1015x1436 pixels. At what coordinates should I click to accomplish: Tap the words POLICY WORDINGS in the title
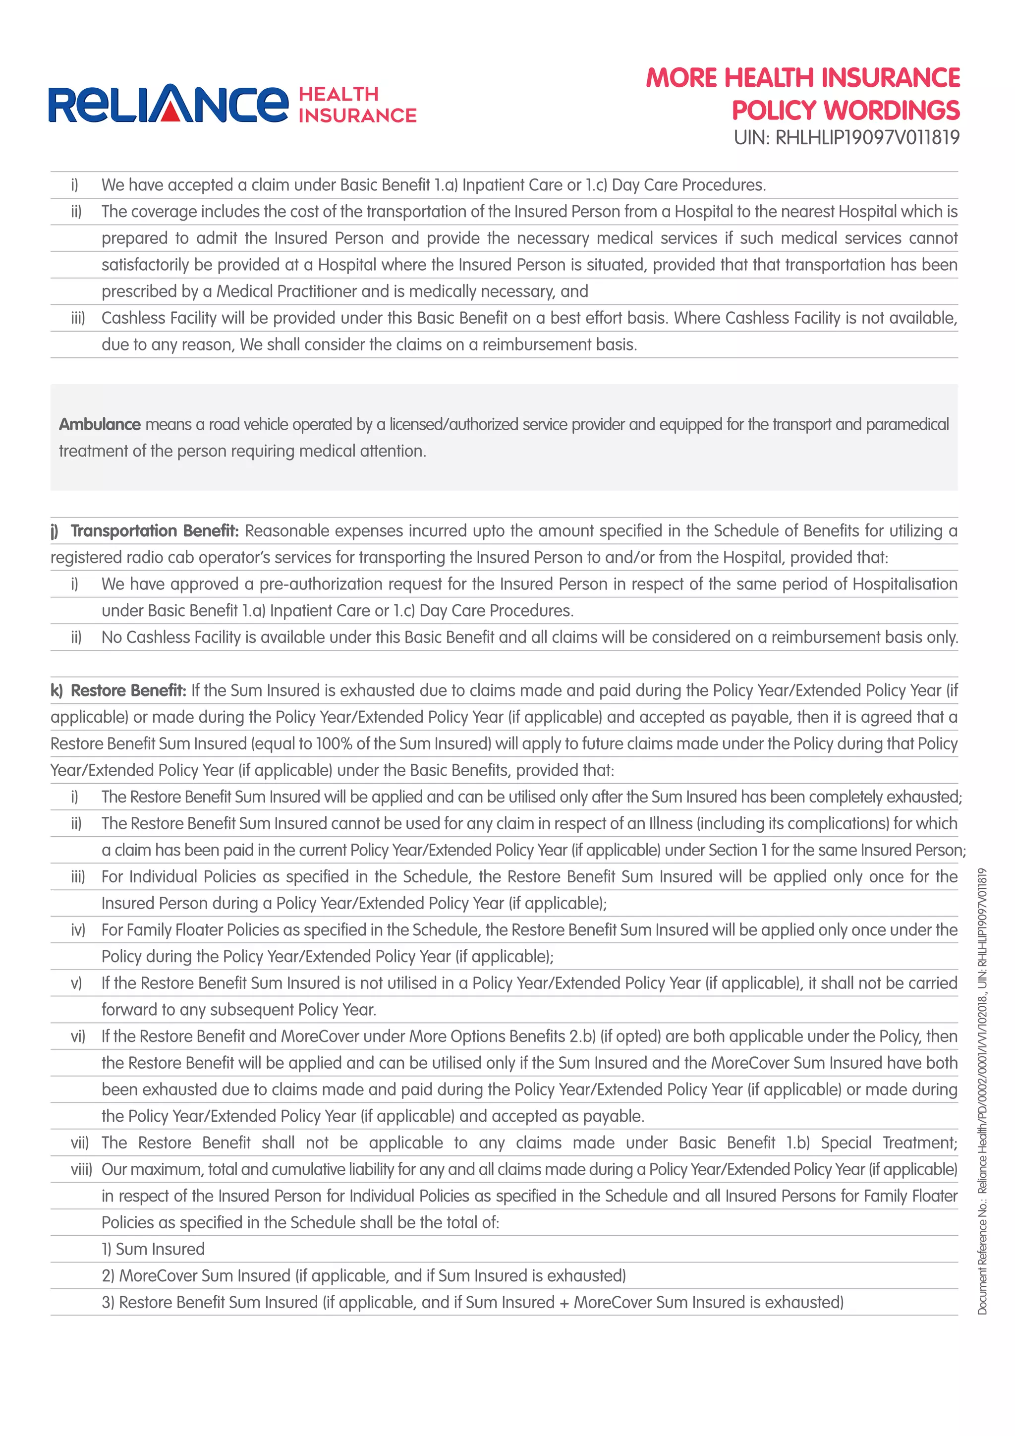[846, 110]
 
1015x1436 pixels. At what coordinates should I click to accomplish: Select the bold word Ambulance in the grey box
[100, 425]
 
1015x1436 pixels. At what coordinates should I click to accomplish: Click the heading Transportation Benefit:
[155, 531]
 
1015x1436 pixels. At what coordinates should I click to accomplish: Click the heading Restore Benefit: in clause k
[128, 690]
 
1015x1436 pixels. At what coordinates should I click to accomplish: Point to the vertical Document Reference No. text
[982, 1091]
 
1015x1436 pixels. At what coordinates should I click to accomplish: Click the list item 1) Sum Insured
[153, 1249]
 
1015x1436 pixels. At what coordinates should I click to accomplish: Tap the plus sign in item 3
[564, 1302]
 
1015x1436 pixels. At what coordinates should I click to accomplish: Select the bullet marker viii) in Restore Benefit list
[81, 1169]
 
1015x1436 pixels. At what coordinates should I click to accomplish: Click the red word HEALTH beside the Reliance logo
[339, 95]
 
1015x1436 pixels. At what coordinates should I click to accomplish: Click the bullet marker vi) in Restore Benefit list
[77, 1036]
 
